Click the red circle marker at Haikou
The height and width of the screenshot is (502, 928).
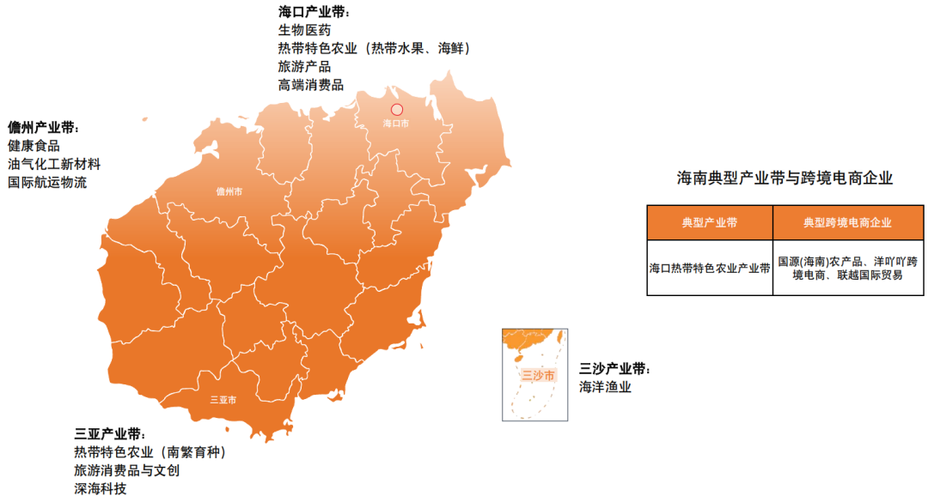tap(397, 109)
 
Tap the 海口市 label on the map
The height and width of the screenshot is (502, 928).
tap(395, 124)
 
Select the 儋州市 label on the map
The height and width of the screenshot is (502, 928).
tap(229, 191)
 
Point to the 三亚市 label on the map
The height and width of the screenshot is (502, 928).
tap(223, 400)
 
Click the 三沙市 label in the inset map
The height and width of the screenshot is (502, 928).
tap(538, 375)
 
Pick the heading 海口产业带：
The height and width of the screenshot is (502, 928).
tap(315, 12)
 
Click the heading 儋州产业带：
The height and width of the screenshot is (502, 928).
tap(44, 127)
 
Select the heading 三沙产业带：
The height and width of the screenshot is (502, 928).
tap(615, 368)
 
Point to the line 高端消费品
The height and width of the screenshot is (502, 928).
tap(311, 84)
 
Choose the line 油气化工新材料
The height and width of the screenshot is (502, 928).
tap(54, 164)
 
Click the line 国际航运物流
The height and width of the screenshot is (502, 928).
tap(47, 182)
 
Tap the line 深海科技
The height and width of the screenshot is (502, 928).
tap(101, 488)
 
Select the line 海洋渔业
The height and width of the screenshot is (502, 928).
tap(606, 387)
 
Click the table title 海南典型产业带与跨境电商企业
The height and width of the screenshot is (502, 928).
tap(785, 178)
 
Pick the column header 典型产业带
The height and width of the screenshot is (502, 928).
tap(710, 222)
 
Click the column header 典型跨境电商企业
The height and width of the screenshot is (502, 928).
tap(847, 222)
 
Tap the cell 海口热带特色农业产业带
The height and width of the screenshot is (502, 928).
tap(710, 268)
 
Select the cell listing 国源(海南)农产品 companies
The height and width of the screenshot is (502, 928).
tap(847, 268)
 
